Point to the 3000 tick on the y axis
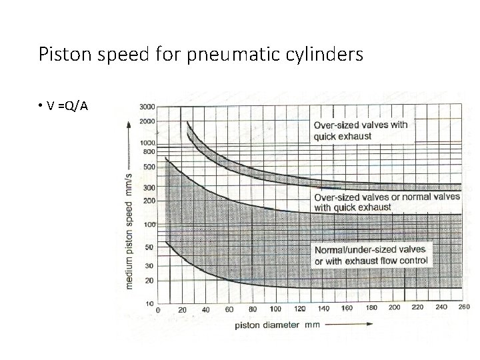[x=148, y=107]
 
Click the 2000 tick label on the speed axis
[x=148, y=121]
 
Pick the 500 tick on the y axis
[x=149, y=166]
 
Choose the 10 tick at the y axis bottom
[x=151, y=303]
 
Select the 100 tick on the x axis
[x=275, y=309]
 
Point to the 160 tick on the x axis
[x=347, y=309]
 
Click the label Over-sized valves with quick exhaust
[x=361, y=130]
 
